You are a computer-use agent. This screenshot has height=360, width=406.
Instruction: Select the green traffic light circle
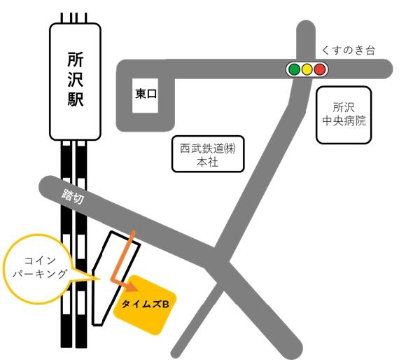[x=294, y=69]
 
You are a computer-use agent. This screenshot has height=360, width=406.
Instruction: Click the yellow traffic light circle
[x=307, y=69]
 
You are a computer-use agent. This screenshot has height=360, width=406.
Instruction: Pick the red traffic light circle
[x=320, y=69]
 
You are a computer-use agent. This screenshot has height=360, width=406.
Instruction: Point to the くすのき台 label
[x=349, y=50]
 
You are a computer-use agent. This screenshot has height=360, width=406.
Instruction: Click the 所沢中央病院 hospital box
[x=342, y=115]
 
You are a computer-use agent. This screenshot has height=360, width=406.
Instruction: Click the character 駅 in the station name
[x=76, y=99]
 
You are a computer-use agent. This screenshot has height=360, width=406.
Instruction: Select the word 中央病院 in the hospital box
[x=342, y=121]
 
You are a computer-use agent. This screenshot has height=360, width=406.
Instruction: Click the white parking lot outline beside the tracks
[x=105, y=273]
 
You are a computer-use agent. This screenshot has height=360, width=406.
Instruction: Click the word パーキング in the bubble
[x=40, y=275]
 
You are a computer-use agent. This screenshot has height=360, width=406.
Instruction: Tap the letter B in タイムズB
[x=167, y=304]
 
